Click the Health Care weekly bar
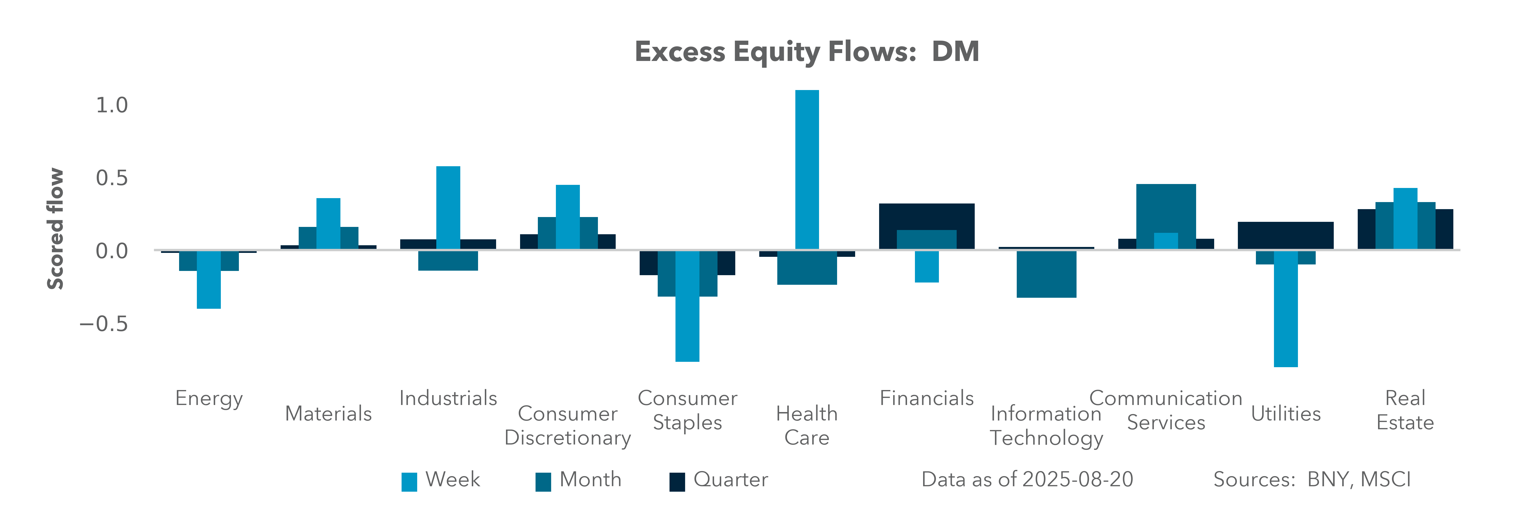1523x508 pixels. (807, 170)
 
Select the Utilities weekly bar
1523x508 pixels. (1286, 309)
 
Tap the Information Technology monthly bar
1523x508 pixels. (1046, 274)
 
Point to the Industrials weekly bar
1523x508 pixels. (448, 208)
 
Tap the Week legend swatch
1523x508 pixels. (409, 482)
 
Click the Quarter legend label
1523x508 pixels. (731, 479)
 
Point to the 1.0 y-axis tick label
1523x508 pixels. (112, 105)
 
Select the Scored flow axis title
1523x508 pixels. (55, 229)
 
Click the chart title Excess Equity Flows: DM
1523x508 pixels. (807, 51)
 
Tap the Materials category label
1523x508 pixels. (329, 413)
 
